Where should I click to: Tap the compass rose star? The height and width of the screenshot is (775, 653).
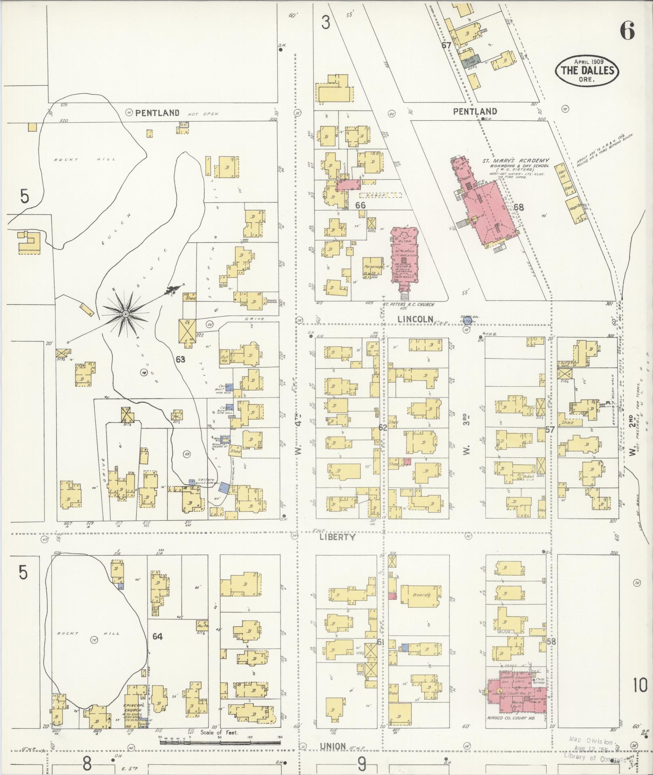pos(125,314)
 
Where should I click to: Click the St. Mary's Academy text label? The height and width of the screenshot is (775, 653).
pos(515,160)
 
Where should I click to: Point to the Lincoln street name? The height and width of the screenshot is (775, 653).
pos(415,319)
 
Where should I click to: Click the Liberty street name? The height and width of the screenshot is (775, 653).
pos(337,537)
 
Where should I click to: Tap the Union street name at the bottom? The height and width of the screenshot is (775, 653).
pos(332,746)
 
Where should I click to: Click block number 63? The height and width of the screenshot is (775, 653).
pos(180,359)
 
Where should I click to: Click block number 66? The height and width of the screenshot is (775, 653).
pos(360,205)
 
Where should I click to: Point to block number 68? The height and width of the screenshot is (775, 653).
pos(519,207)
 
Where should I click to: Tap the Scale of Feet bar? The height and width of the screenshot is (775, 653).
pos(220,742)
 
